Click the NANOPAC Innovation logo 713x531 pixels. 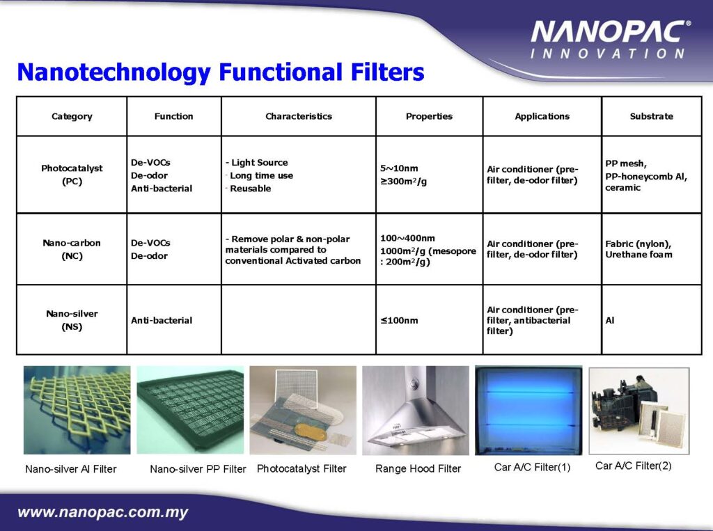point(609,40)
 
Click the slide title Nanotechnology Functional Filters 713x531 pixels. point(221,72)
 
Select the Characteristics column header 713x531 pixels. point(299,116)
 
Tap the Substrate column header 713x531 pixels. point(651,116)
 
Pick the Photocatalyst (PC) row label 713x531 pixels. point(72,175)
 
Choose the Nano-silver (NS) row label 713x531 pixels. point(72,319)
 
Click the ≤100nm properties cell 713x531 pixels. point(399,320)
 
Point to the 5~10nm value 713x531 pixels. point(399,168)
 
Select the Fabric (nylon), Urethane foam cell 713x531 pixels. point(638,249)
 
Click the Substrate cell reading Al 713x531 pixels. point(610,320)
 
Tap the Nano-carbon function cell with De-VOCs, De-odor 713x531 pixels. point(150,249)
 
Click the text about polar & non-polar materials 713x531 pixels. point(293,250)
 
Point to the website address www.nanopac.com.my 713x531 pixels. point(103,512)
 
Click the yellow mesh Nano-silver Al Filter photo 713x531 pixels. point(77,410)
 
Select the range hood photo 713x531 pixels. point(416,410)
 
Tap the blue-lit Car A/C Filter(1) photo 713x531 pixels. point(528,411)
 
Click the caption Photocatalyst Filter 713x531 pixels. point(301,468)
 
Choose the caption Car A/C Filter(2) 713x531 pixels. point(634,466)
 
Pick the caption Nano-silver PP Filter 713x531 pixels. point(198,469)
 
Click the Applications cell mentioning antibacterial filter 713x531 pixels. point(533,320)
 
